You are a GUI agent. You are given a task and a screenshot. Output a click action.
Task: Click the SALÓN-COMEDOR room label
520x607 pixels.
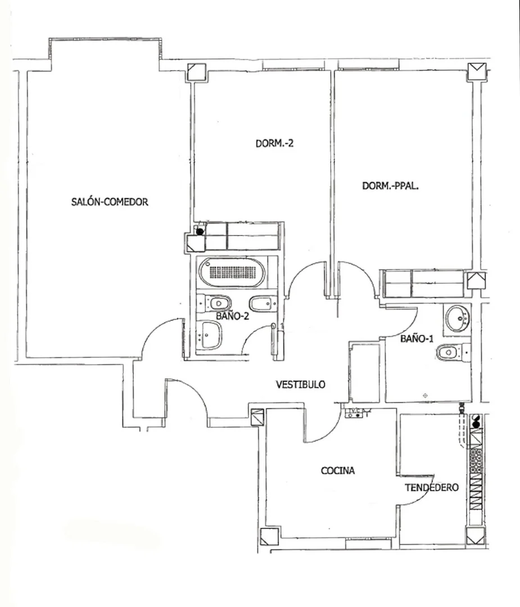pos(110,202)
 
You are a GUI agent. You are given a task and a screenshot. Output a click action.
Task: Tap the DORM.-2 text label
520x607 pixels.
pos(274,143)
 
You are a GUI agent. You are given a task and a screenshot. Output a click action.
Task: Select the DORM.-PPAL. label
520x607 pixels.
pos(390,186)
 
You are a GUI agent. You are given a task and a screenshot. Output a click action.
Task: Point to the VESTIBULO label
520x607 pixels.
pos(300,384)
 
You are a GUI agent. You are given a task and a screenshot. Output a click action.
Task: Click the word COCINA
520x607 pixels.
pos(338,470)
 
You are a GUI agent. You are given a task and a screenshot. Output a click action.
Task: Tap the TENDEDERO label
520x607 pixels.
pos(432,487)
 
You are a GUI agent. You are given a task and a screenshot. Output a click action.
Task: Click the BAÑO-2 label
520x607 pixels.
pos(232,316)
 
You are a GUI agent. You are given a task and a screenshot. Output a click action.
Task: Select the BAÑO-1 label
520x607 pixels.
pos(417,338)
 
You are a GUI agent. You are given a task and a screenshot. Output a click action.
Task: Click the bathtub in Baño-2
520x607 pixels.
pos(232,272)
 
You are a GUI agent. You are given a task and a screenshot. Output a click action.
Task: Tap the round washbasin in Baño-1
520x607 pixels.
pos(458,318)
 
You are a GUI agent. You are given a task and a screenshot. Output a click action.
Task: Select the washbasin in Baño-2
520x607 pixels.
pos(210,336)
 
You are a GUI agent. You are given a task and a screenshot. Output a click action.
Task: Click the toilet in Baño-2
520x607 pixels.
pos(214,303)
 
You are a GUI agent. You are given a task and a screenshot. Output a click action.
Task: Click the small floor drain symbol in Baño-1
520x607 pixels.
pos(425,395)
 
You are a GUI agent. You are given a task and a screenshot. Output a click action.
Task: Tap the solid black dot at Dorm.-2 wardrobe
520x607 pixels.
pos(200,232)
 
